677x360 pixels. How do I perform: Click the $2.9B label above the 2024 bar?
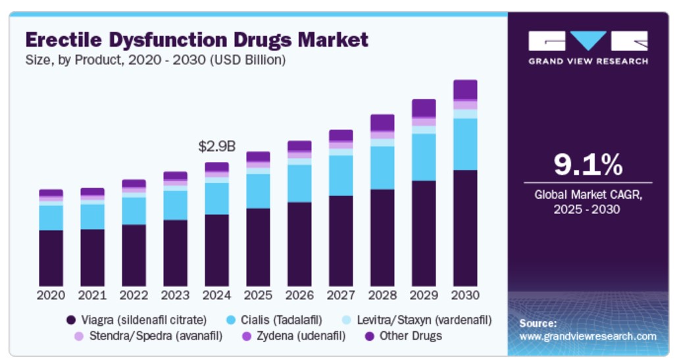[216, 146]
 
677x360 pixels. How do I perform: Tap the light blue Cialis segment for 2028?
[382, 168]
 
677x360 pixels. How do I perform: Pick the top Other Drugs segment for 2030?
[465, 90]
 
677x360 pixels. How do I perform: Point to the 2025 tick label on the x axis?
[258, 295]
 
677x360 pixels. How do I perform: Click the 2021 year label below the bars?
[92, 295]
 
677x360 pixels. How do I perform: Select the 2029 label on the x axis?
[424, 295]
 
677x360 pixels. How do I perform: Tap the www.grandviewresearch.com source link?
[588, 336]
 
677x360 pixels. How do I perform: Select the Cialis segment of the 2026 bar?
[299, 183]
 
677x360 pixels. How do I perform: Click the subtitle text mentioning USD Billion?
[155, 60]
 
